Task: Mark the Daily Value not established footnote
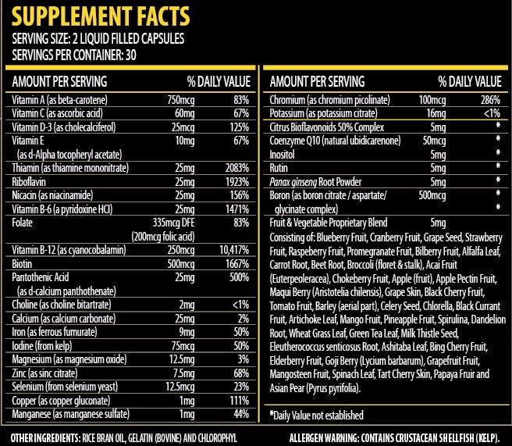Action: pos(317,415)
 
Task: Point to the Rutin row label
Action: pos(279,168)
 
